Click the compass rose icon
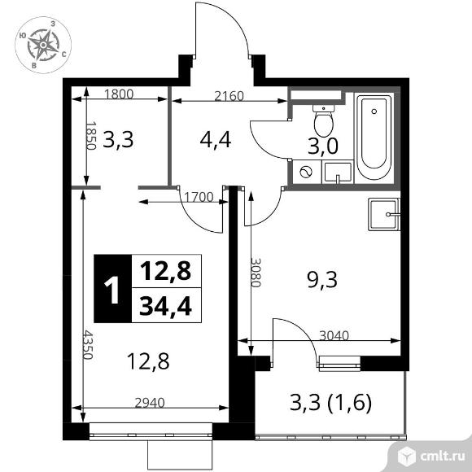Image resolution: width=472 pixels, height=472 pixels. tap(42, 46)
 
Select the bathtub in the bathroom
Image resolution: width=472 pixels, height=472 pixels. tap(374, 138)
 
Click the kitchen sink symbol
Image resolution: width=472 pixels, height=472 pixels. tap(384, 216)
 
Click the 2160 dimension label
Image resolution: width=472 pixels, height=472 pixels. tap(229, 94)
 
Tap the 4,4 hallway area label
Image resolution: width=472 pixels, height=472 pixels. tap(216, 139)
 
